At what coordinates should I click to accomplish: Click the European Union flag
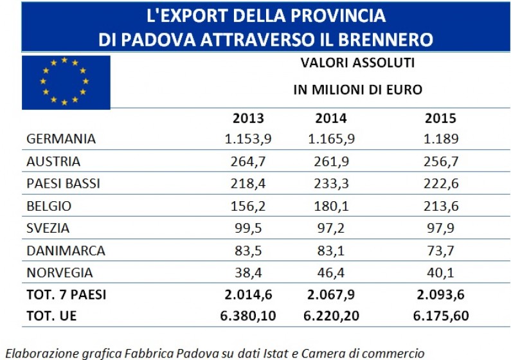pyautogui.click(x=66, y=82)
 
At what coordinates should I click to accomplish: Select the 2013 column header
pyautogui.click(x=248, y=119)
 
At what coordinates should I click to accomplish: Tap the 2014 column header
pyautogui.click(x=331, y=119)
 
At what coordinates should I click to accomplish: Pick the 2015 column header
pyautogui.click(x=440, y=119)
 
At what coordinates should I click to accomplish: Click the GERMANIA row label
pyautogui.click(x=62, y=139)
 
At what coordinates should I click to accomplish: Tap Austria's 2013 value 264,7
pyautogui.click(x=248, y=161)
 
